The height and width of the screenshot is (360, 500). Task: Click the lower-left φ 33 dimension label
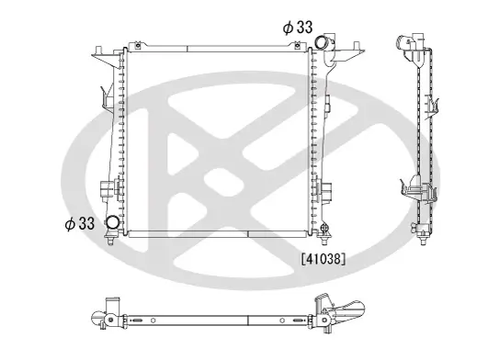[80, 222]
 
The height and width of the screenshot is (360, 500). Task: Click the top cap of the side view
[410, 40]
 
